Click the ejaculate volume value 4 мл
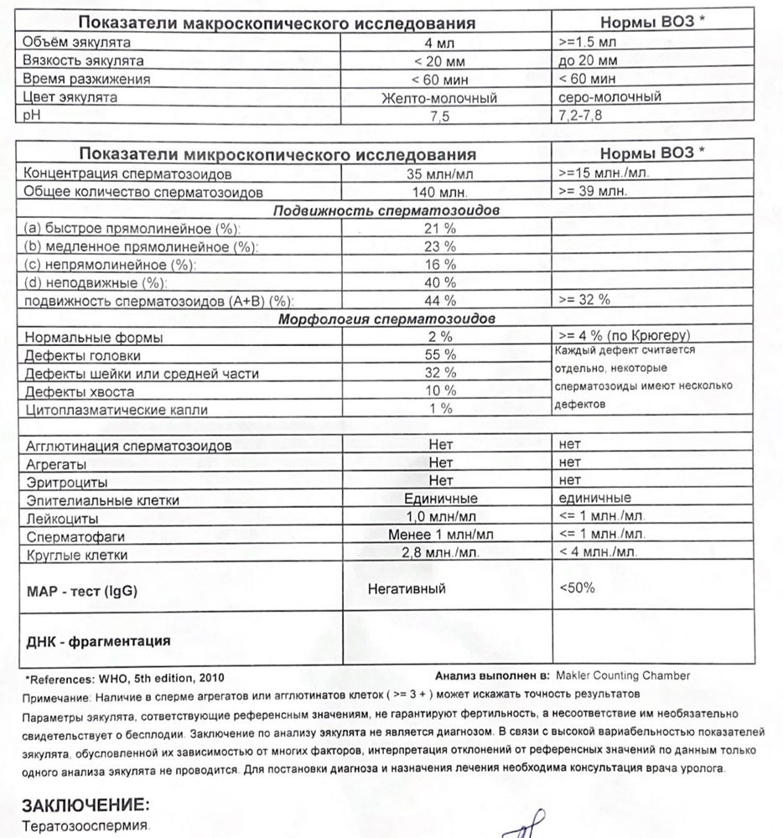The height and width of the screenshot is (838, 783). [x=439, y=42]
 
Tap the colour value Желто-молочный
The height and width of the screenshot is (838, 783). [x=440, y=98]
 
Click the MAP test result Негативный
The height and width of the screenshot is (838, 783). [x=407, y=589]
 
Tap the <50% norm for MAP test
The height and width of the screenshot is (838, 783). [x=577, y=588]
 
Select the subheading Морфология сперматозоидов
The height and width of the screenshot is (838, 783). [x=386, y=319]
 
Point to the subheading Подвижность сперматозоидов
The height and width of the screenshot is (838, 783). [x=386, y=211]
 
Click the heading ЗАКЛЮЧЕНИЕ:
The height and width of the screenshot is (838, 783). [x=86, y=805]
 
